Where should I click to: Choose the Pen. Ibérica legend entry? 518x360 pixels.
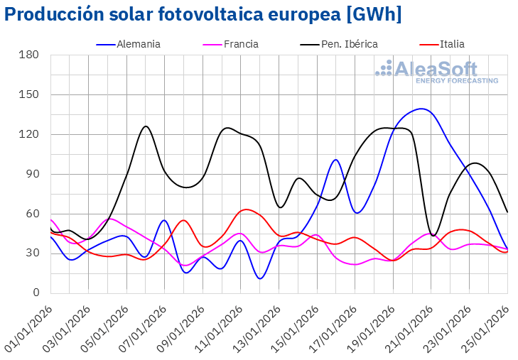click(x=349, y=44)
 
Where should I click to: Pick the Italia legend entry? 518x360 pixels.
click(x=452, y=44)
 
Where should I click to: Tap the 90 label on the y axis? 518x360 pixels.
click(x=31, y=174)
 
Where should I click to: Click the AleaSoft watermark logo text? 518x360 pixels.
click(x=436, y=70)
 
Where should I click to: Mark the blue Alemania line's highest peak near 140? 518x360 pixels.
click(x=422, y=109)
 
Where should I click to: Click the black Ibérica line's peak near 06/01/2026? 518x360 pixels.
click(x=146, y=126)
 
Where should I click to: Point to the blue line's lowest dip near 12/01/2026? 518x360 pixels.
click(x=260, y=278)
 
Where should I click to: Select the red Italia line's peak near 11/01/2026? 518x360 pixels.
click(x=245, y=209)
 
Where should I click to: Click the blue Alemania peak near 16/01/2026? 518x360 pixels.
click(x=336, y=160)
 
